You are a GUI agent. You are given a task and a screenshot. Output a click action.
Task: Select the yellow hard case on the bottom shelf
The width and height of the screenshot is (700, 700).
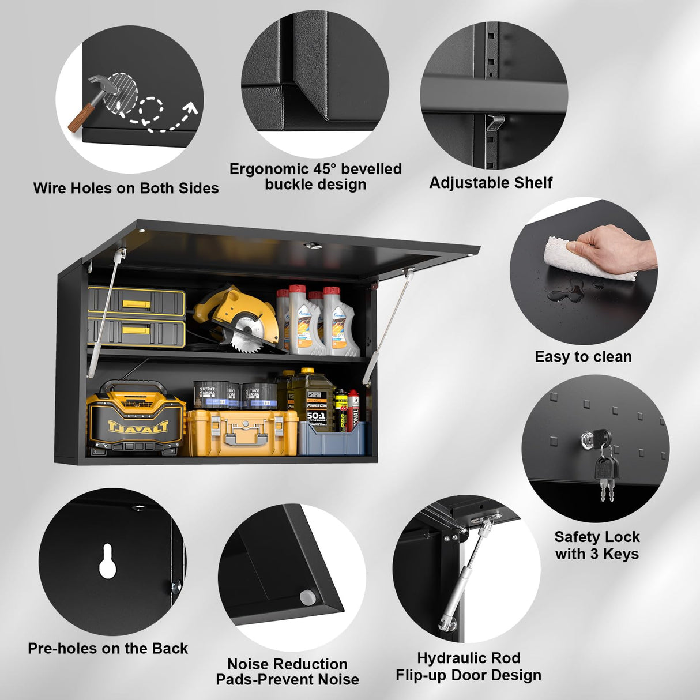point(242,432)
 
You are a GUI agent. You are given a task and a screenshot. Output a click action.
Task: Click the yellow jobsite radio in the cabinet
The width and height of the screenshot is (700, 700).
point(136,418)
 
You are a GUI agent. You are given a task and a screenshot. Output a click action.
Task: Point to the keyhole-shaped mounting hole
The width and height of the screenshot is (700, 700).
point(107,560)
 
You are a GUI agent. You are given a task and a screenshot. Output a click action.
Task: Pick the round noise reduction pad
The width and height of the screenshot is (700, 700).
point(308,597)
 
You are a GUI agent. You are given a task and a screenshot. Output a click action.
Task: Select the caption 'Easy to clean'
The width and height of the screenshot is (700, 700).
point(583,357)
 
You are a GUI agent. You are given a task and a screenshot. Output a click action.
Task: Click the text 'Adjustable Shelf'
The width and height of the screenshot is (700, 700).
point(491,183)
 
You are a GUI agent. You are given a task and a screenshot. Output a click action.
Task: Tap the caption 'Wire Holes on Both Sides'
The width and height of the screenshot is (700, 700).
point(126,188)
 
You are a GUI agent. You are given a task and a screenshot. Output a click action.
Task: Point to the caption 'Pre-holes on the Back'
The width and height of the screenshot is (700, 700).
point(108,648)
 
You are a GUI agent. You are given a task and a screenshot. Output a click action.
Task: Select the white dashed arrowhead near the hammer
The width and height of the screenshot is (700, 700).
point(191,107)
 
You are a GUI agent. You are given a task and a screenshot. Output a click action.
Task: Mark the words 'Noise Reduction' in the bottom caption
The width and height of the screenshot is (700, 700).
point(287,664)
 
